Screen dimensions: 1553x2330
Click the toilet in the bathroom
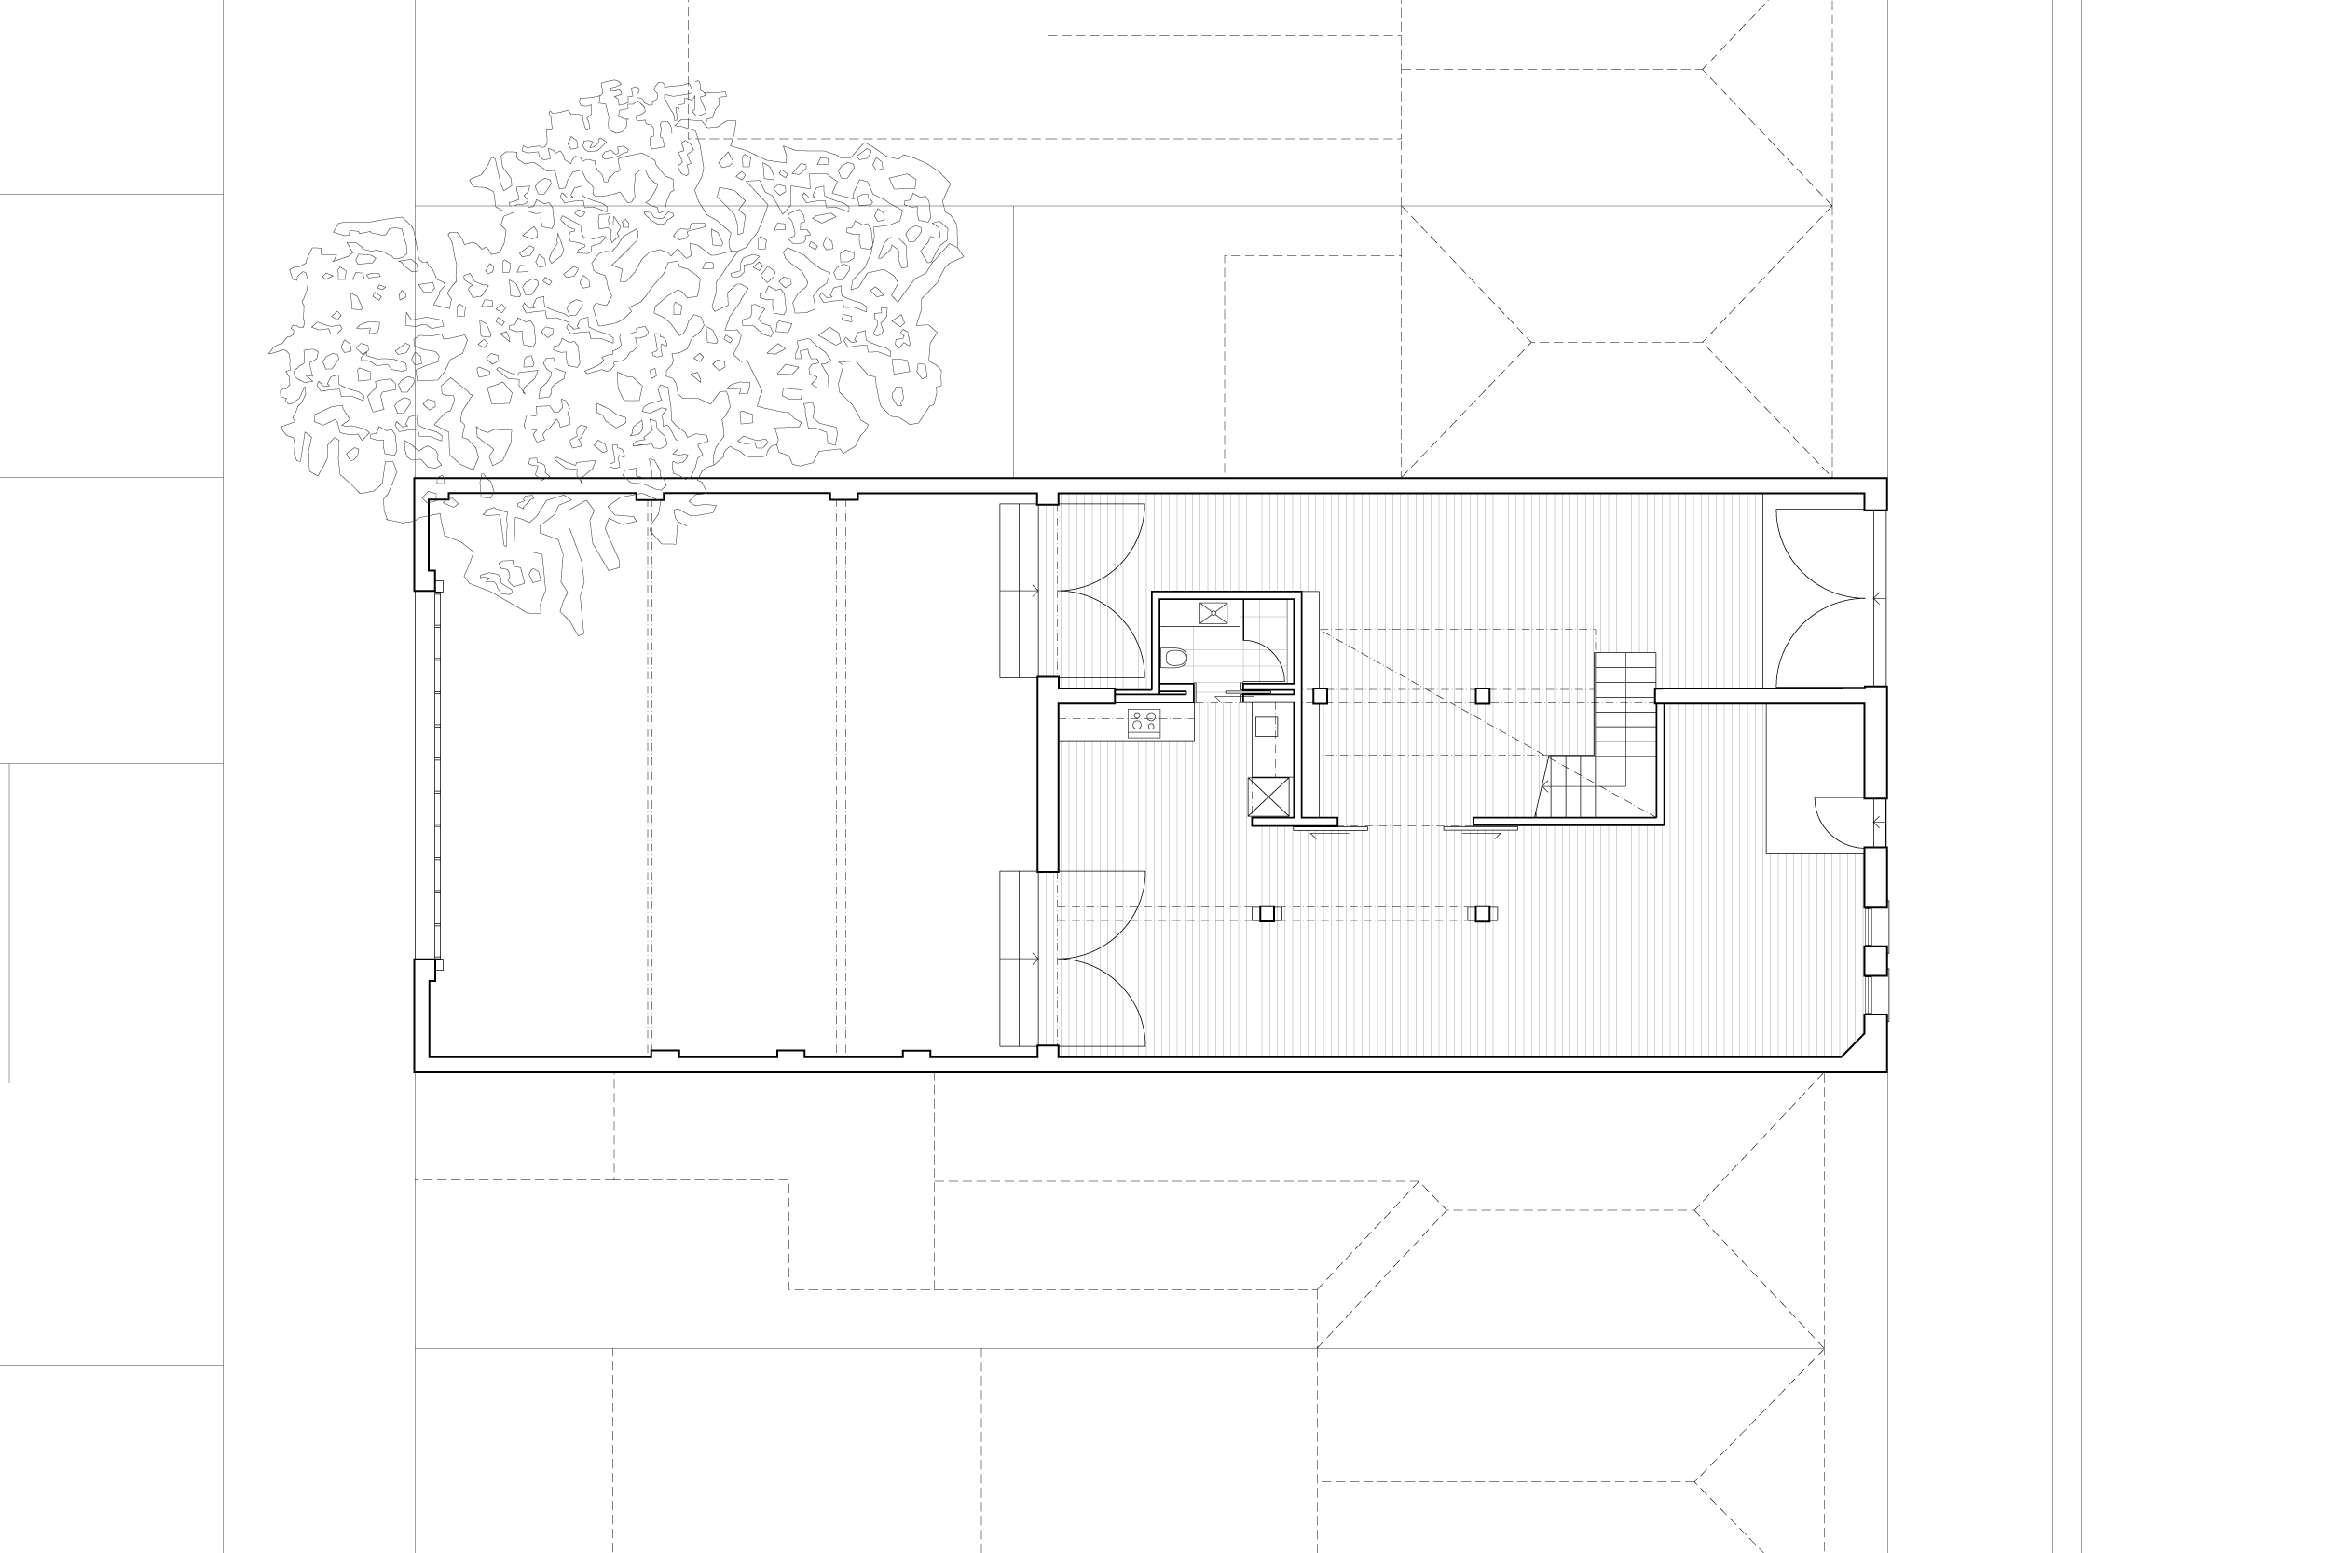(x=1175, y=658)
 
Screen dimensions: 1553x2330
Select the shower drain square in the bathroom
(x=1213, y=613)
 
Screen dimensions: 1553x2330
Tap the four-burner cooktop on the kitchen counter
(x=1144, y=723)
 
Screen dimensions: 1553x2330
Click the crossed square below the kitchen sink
(x=1269, y=797)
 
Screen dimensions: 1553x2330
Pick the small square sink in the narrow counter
(x=1266, y=727)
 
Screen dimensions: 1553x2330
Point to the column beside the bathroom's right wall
(x=1320, y=696)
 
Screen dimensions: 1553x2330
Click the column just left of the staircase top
(x=1482, y=696)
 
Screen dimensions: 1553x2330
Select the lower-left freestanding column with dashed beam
(x=1267, y=913)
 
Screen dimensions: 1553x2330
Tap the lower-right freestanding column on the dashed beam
(x=1482, y=913)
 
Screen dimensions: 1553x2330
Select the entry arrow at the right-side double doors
(x=1878, y=598)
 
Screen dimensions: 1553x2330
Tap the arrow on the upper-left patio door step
(x=1034, y=592)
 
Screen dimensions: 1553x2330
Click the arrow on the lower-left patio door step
(x=1034, y=959)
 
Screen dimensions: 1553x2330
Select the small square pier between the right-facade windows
(x=1875, y=960)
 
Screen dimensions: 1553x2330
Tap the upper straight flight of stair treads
(x=1624, y=703)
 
